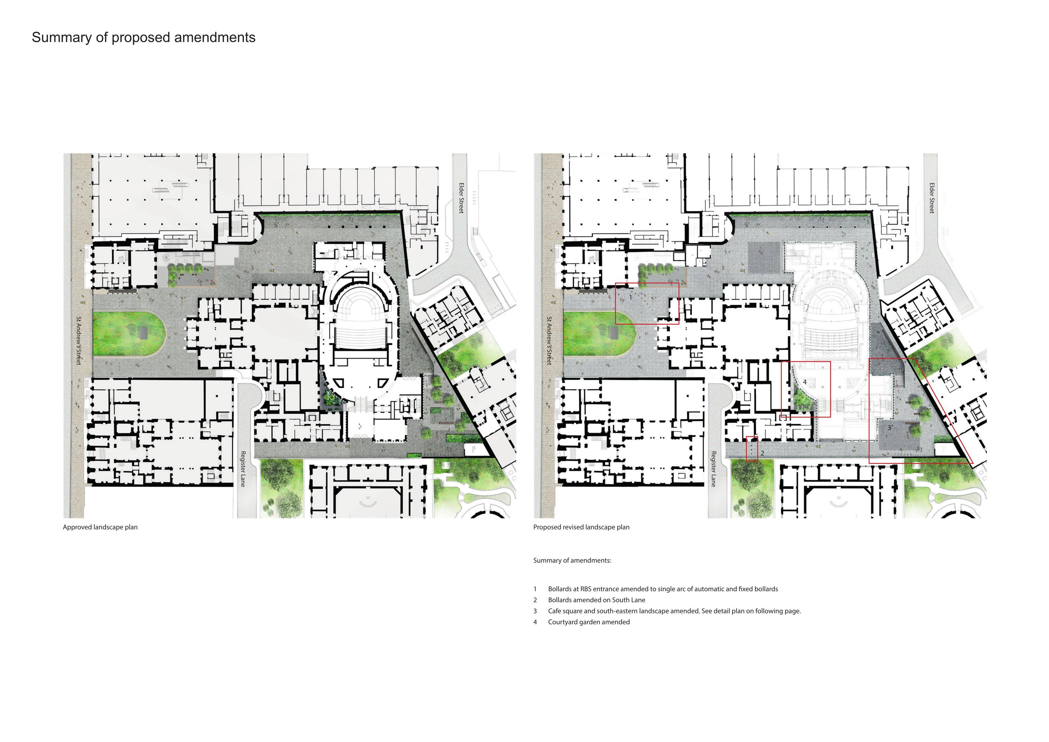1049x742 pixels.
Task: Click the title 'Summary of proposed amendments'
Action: click(x=143, y=37)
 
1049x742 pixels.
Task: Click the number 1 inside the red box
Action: click(x=631, y=297)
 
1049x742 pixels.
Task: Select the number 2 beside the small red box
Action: click(x=762, y=453)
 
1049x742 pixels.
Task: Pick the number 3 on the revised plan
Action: click(x=889, y=428)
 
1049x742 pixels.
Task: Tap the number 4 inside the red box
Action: click(x=805, y=382)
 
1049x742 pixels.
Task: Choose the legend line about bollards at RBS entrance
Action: click(x=663, y=589)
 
